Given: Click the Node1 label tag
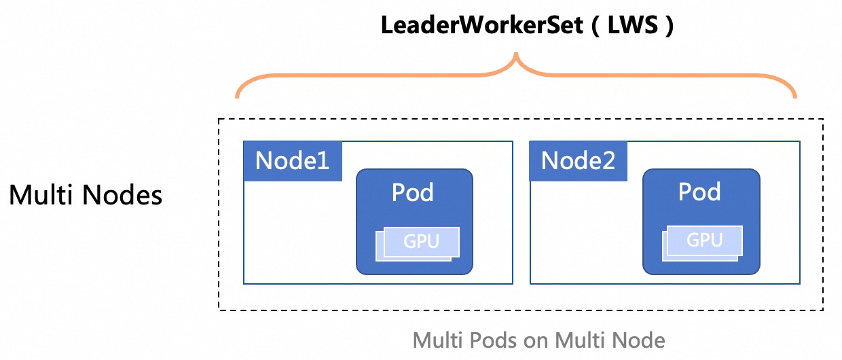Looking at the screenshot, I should pos(293,161).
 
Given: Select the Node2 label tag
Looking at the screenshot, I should pos(579,161).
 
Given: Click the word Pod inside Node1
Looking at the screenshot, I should pos(413,193).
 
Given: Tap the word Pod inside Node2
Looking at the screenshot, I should pos(699,193).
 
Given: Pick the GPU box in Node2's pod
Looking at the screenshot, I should pos(704,240).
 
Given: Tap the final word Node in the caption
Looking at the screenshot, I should pos(639,338).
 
